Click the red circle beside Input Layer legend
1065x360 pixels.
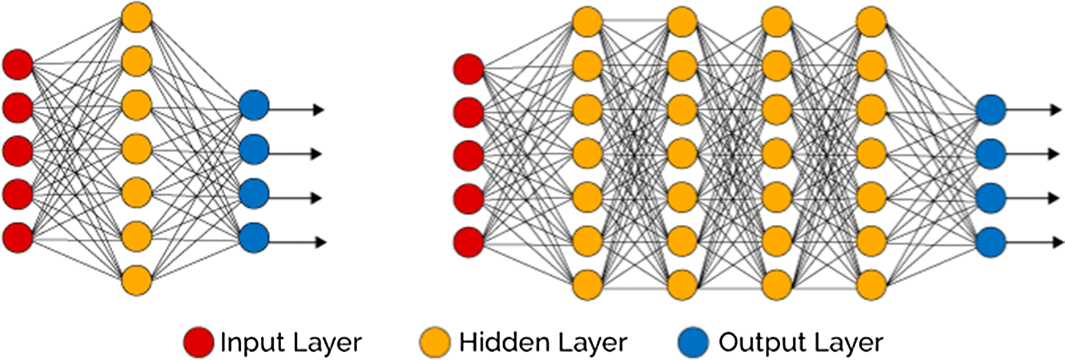pos(199,343)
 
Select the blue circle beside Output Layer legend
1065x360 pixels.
pos(694,343)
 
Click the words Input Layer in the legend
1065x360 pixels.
pos(291,343)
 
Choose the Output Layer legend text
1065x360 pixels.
pos(800,343)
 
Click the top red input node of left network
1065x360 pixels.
pos(17,65)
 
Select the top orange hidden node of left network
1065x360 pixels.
pos(137,17)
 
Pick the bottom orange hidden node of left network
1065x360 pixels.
pos(137,280)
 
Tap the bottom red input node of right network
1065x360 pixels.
pos(469,242)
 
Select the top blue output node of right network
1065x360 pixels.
pos(990,110)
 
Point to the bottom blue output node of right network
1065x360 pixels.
pos(990,241)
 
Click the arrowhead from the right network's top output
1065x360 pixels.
pos(1058,110)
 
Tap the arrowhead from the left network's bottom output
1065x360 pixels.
pos(320,242)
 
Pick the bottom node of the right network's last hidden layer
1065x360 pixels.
pos(870,286)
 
